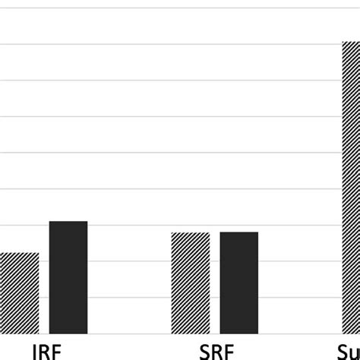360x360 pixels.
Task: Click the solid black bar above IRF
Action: click(68, 277)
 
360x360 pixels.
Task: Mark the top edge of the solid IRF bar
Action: click(68, 222)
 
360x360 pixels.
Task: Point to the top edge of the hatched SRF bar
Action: click(191, 232)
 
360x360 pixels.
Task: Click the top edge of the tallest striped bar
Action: click(350, 42)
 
